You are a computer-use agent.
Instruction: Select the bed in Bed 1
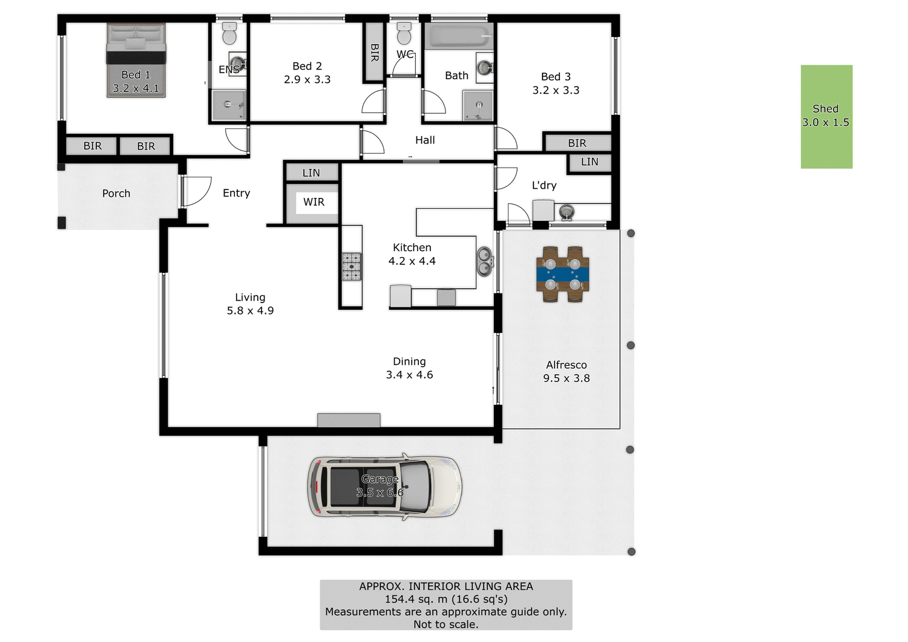coord(136,60)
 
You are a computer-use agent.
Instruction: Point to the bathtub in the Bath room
coord(459,37)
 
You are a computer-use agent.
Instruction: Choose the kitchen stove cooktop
coord(352,267)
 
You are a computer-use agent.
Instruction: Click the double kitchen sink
coord(485,261)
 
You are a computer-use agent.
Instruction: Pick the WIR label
coord(314,202)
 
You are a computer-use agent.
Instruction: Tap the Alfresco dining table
coord(562,274)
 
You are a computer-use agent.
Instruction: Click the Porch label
coord(116,194)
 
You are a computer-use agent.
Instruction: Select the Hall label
coord(425,140)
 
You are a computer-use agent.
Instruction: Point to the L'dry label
coord(544,186)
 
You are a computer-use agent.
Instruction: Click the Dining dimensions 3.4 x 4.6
coord(409,375)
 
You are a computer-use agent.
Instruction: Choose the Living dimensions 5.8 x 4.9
coord(250,311)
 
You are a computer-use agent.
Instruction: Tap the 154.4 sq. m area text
coord(446,599)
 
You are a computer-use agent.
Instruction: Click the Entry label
coord(236,193)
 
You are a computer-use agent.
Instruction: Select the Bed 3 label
coord(556,77)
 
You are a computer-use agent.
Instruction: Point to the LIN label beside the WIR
coord(311,173)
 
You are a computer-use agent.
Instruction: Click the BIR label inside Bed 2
coord(374,53)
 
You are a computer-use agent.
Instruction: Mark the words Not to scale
coord(446,624)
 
